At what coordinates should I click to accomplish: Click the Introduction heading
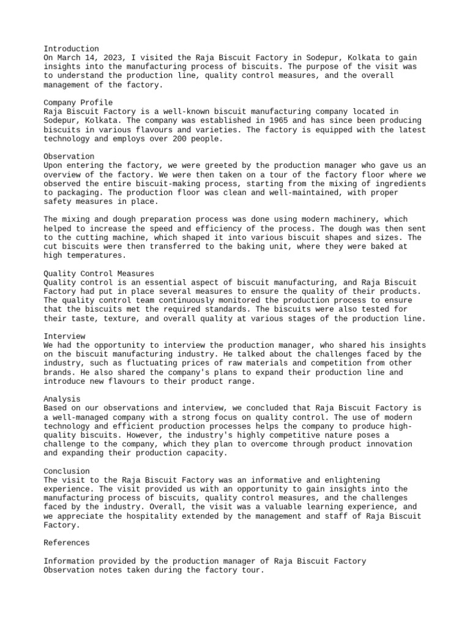tap(71, 48)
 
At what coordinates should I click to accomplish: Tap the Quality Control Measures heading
tap(99, 273)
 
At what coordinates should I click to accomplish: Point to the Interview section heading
tap(64, 336)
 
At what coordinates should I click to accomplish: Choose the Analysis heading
tap(62, 399)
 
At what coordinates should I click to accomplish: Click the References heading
tap(67, 543)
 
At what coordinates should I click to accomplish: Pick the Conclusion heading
tap(67, 471)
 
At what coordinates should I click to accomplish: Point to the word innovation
tap(386, 444)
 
